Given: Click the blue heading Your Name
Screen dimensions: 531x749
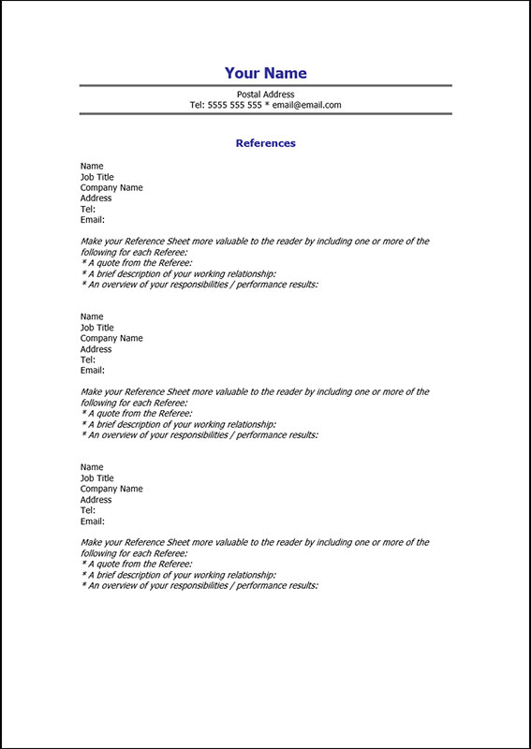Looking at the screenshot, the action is coord(265,73).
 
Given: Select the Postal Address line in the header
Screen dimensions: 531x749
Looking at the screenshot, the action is coord(265,95).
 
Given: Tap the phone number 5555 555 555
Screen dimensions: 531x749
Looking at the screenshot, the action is coord(234,105).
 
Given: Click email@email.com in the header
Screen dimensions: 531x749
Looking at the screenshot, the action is coord(306,105).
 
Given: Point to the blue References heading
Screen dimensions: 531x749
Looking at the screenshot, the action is coord(265,143).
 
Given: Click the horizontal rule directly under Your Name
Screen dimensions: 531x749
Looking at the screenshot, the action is coord(265,85).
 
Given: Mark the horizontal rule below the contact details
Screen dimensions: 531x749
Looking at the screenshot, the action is coord(265,113).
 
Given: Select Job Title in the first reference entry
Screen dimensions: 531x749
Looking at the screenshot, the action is coord(97,177).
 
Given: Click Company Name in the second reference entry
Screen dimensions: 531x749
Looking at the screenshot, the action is coord(111,338).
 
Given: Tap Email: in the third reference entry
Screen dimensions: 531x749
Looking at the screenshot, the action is coord(92,521).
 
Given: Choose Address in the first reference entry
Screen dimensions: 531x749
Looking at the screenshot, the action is coord(96,198).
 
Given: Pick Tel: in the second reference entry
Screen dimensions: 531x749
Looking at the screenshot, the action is coord(88,360).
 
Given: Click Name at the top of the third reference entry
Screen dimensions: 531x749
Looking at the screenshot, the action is coord(92,467).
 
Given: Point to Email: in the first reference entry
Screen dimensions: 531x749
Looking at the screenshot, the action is coord(92,220).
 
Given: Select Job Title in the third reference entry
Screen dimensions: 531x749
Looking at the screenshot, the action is coord(97,478).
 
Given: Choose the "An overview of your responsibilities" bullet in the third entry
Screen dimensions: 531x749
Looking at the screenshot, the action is coord(200,585).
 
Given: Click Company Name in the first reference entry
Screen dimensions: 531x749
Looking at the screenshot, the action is coord(111,187).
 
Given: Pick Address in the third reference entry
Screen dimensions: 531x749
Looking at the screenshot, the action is coord(96,499).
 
